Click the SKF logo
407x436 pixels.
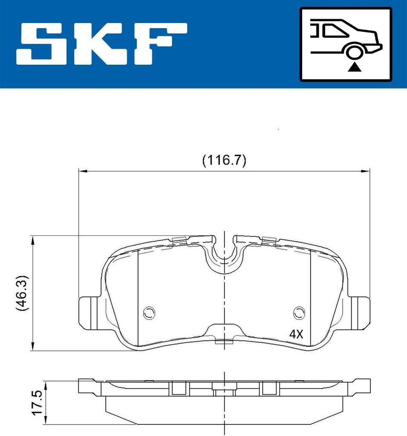tap(101, 44)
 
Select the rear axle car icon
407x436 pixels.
tap(346, 44)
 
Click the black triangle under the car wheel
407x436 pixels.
tap(354, 67)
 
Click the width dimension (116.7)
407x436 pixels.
tap(224, 161)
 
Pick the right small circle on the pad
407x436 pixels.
tap(300, 313)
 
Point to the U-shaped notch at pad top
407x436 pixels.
tap(224, 255)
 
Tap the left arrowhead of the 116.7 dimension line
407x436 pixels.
tap(83, 171)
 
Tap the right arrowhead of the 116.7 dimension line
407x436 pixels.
tap(365, 171)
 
